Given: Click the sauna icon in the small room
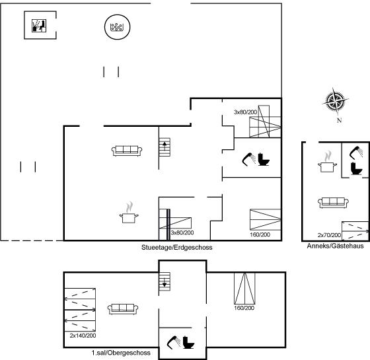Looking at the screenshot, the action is pos(39,26).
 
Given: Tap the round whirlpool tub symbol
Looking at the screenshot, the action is pos(118,26).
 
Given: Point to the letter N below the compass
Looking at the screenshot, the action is pos(340,120).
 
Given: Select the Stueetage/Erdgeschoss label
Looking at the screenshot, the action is pos(177,247).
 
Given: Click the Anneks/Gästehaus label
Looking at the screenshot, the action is pos(336,246).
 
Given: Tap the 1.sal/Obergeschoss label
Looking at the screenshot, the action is pos(121,353).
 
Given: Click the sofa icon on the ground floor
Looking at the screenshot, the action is pos(127,151).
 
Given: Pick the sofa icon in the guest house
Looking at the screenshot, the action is pos(333,203).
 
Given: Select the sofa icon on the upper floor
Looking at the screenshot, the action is pos(123,309).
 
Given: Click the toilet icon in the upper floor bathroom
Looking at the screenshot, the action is pos(188,342).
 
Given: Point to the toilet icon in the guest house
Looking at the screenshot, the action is pos(356,168).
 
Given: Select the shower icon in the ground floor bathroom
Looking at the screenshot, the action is pos(248,159).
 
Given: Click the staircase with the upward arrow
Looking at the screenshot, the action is pos(165,147).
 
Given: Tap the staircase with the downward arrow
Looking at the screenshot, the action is pos(165,281).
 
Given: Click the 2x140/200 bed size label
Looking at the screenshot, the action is pos(83,336).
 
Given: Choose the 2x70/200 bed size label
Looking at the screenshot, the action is pos(329,235).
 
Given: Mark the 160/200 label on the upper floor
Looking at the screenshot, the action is pos(244,308).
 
